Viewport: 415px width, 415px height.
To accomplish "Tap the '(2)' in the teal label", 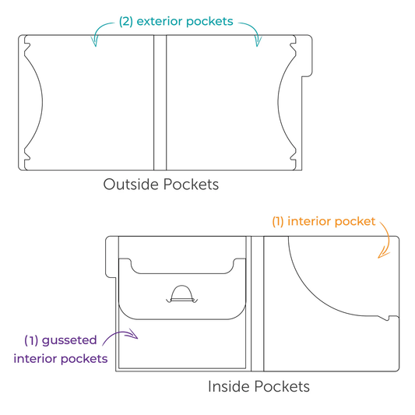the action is (x=126, y=22).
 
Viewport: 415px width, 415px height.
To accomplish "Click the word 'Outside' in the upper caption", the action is (x=131, y=185).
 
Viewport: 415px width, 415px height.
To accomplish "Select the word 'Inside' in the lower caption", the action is (x=229, y=386).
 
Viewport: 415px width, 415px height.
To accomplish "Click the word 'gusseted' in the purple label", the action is (x=69, y=341).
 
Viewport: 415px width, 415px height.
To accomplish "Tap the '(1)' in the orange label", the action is (x=278, y=222).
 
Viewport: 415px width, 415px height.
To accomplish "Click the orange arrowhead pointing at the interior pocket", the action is (x=383, y=255).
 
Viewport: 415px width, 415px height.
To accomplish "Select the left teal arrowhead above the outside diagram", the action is (x=95, y=41).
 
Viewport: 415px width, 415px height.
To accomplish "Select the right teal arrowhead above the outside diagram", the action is (x=258, y=41).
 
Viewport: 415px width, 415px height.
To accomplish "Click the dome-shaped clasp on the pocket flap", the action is (x=182, y=294).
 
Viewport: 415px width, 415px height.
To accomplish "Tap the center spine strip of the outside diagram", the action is (x=160, y=103).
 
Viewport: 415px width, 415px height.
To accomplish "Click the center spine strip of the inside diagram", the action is (x=257, y=304).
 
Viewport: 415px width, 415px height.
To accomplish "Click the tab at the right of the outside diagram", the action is (x=307, y=56).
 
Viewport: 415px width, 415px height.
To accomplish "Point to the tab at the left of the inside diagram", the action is (x=111, y=257).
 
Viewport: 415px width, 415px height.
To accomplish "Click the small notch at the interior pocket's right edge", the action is (x=389, y=318).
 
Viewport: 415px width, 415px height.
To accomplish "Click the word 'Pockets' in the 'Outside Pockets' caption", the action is (x=191, y=185).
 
